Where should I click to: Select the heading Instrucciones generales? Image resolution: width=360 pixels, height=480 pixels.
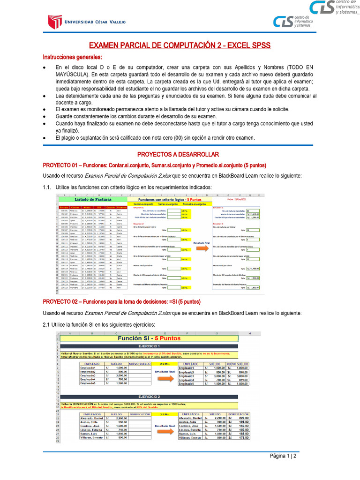point(72,57)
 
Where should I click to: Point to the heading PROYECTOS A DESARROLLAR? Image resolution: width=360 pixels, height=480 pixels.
point(178,154)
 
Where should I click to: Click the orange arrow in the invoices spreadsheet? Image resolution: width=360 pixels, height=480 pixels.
point(202,248)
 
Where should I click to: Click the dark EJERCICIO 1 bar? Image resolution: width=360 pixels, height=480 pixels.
point(149,346)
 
